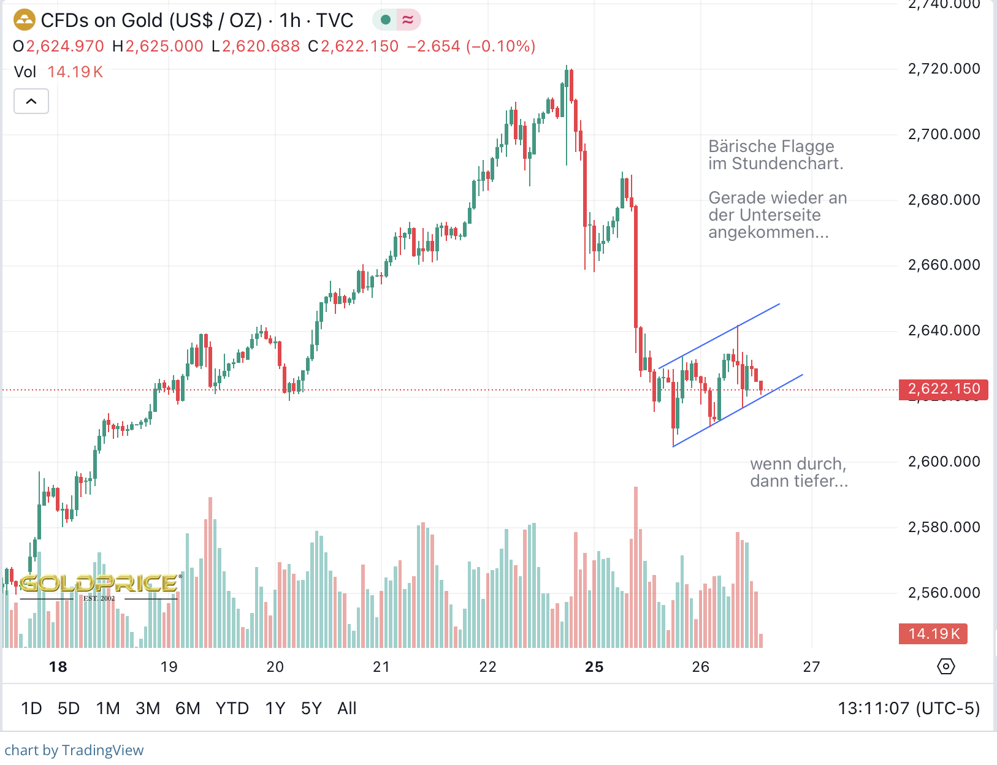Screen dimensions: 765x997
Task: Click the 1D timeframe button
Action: pos(31,709)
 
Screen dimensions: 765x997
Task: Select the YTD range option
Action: pos(232,709)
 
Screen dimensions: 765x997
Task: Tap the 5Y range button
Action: pos(311,709)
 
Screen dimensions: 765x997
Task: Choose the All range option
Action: pos(346,709)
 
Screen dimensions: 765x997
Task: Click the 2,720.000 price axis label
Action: pos(944,69)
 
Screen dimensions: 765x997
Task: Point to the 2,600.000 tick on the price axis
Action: pos(944,462)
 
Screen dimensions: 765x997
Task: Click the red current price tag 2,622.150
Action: pos(943,389)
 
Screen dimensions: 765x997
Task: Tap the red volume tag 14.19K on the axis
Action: pos(933,634)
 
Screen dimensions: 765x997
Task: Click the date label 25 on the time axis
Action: pos(594,667)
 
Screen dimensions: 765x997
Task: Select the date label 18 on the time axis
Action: pos(58,667)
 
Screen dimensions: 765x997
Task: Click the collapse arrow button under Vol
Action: pos(31,101)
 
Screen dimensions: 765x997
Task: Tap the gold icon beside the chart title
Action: pos(24,20)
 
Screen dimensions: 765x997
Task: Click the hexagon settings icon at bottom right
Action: pos(946,666)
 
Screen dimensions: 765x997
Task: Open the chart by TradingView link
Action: pos(74,750)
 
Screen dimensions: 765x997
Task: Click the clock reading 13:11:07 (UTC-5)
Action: pos(909,709)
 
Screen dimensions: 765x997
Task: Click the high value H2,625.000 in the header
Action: pos(158,47)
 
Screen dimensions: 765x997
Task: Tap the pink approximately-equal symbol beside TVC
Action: pos(408,20)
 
